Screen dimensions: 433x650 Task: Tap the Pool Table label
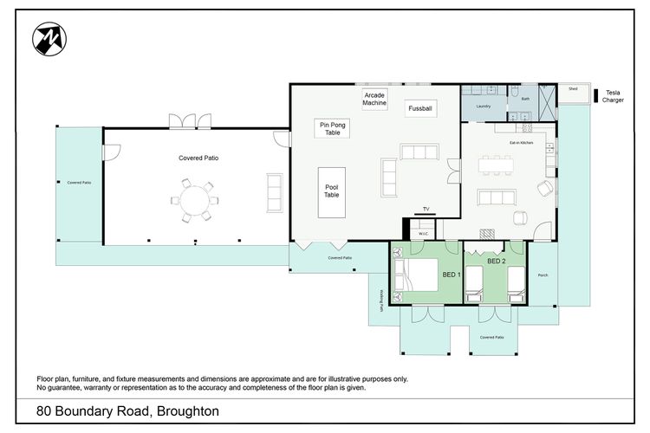tap(332, 191)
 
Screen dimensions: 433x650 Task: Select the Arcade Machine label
tap(375, 99)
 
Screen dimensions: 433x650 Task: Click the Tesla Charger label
tap(613, 95)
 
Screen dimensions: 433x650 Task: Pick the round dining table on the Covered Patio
tap(195, 200)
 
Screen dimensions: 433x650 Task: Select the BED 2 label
tap(496, 261)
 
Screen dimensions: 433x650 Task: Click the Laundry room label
tap(484, 107)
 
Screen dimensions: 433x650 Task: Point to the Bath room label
tap(525, 100)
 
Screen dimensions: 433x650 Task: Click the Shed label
tap(573, 88)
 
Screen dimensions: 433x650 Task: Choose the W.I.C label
tap(424, 232)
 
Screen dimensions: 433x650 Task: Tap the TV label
tap(426, 210)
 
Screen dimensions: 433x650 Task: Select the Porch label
tap(543, 275)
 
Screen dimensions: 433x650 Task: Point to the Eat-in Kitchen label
tap(521, 142)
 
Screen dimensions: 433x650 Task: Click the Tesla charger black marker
tap(598, 93)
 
